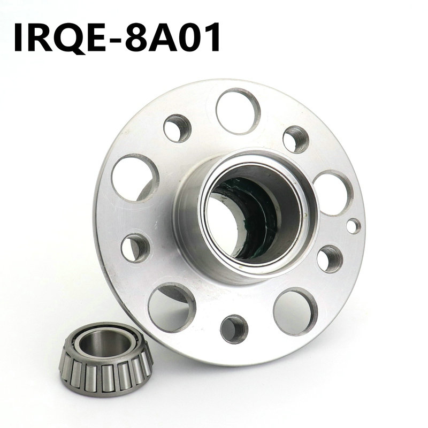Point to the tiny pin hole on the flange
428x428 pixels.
(353, 225)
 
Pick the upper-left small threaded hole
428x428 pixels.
(177, 128)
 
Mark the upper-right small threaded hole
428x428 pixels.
(296, 139)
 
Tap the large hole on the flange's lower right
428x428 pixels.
(295, 311)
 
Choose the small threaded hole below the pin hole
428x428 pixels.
(330, 259)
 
